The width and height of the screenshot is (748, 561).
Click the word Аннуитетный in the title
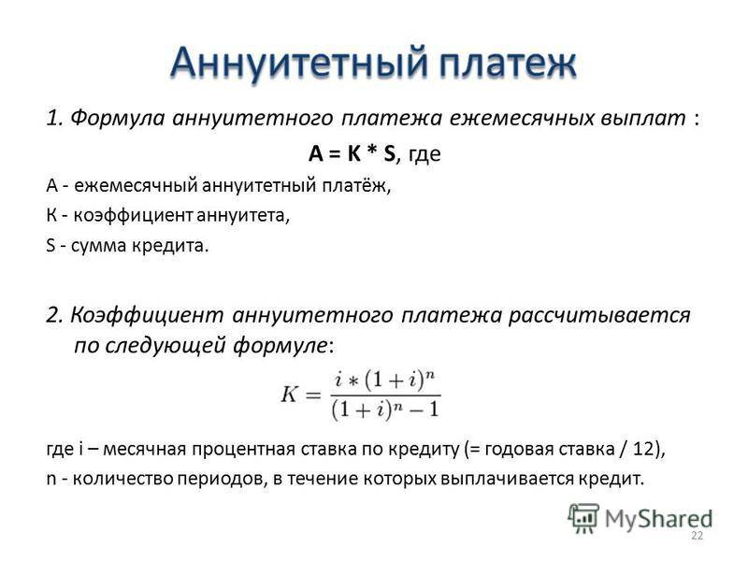click(x=299, y=63)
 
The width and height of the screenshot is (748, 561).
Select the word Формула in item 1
click(x=118, y=118)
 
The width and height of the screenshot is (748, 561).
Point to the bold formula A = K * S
click(x=352, y=153)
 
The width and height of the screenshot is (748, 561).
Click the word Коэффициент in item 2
click(x=147, y=315)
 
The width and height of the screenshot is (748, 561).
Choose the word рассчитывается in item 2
click(x=599, y=315)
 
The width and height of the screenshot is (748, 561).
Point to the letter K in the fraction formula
click(x=290, y=395)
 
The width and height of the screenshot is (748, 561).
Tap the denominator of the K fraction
click(x=385, y=410)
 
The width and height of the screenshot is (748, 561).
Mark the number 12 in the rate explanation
click(x=644, y=449)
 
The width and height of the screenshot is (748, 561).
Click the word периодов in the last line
click(x=221, y=479)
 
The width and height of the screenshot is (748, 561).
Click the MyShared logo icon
click(x=583, y=518)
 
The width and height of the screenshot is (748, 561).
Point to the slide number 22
click(x=697, y=536)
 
